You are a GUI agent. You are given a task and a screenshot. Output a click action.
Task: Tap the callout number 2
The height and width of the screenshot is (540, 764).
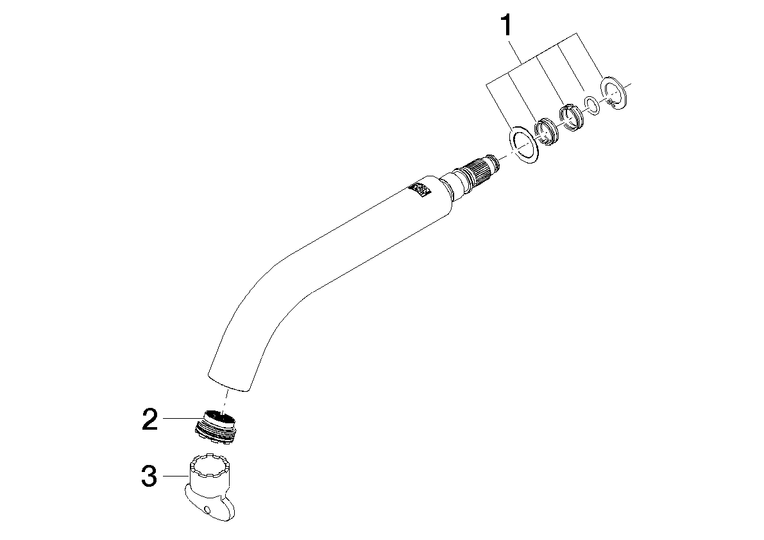[149, 419]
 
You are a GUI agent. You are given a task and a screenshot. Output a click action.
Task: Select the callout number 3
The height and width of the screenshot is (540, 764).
[149, 477]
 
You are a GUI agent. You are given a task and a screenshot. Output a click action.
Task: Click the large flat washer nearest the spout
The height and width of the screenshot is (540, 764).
[524, 144]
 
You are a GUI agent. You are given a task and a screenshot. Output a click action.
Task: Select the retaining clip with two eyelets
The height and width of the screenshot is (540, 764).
[615, 92]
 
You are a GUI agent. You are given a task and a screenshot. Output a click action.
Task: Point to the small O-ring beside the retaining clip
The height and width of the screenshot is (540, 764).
[592, 105]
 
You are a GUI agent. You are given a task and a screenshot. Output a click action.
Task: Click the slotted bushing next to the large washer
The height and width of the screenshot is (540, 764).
[546, 132]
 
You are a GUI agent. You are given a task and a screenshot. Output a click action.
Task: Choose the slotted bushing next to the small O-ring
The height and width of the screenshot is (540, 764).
[570, 119]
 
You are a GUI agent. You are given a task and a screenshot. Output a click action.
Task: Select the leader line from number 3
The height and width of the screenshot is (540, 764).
[176, 476]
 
